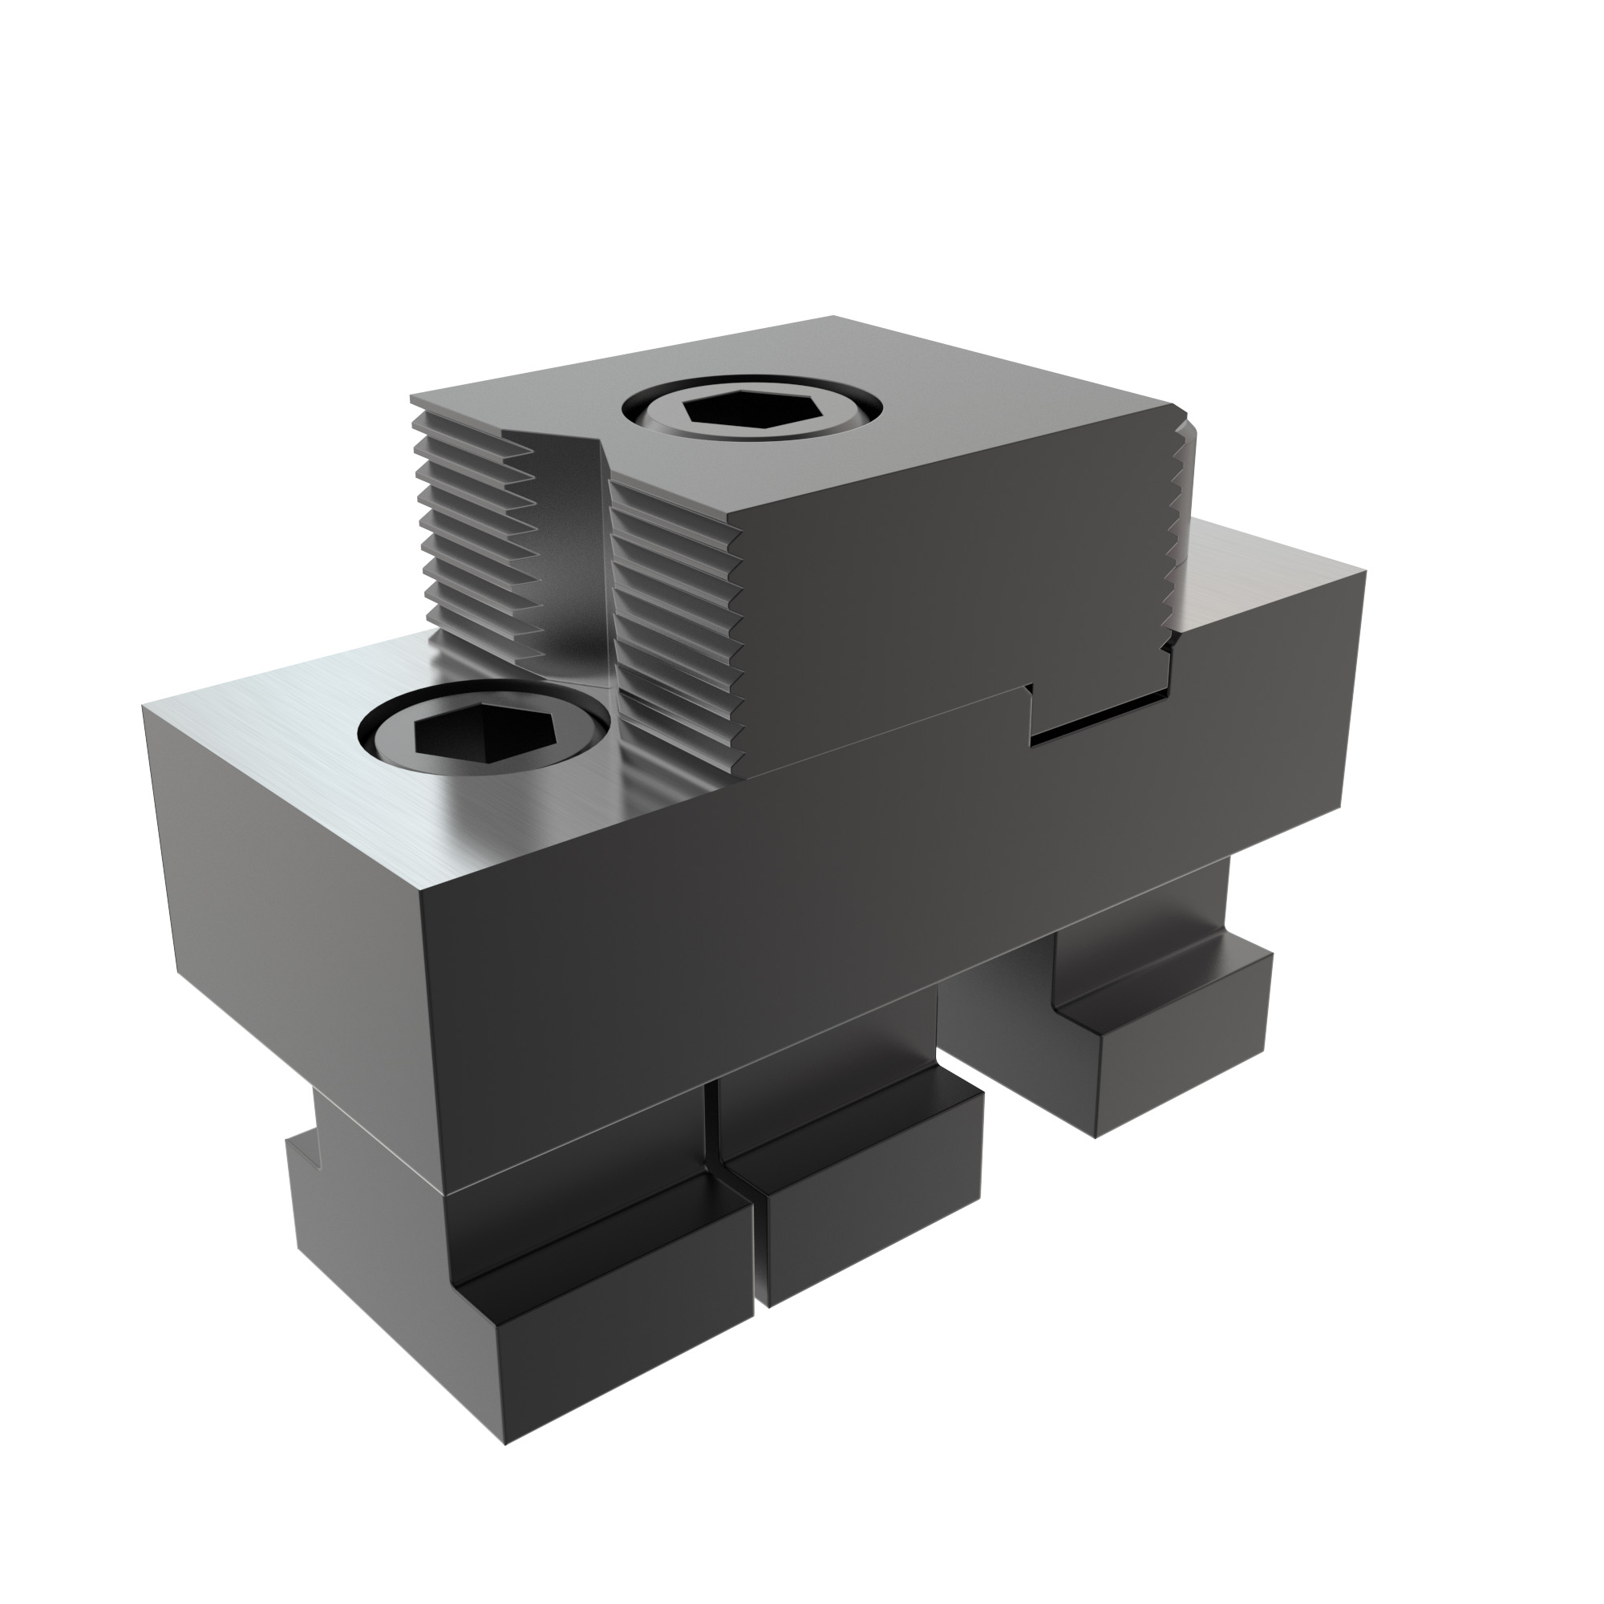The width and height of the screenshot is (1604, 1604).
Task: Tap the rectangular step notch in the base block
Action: [1096, 706]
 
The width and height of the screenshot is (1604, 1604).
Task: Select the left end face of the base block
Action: [290, 872]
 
